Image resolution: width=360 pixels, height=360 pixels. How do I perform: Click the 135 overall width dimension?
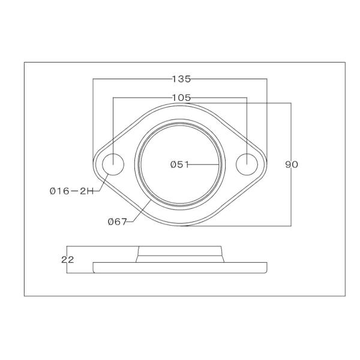pyautogui.click(x=181, y=79)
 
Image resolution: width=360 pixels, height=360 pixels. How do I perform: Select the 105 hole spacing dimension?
pyautogui.click(x=181, y=98)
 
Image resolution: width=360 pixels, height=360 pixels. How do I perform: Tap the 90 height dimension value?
pyautogui.click(x=292, y=164)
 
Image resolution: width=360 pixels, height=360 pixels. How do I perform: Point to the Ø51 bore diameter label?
pyautogui.click(x=179, y=164)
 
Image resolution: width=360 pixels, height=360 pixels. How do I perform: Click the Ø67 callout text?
pyautogui.click(x=118, y=221)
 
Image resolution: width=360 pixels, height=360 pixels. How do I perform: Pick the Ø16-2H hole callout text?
pyautogui.click(x=72, y=191)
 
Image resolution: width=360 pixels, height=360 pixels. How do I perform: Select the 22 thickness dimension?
pyautogui.click(x=68, y=260)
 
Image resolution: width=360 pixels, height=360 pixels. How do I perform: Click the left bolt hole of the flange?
pyautogui.click(x=113, y=164)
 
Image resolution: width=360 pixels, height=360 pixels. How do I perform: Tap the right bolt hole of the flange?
pyautogui.click(x=247, y=164)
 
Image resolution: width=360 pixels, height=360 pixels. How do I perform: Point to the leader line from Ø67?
pyautogui.click(x=140, y=212)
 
